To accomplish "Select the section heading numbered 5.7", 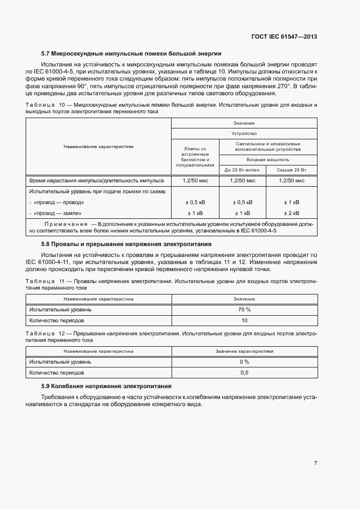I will [131, 53].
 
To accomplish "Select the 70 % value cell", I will [244, 309].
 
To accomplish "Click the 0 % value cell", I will [244, 361].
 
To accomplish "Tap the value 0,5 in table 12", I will [244, 373].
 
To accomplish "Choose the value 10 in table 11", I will [244, 321].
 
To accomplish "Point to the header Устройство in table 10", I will [244, 133].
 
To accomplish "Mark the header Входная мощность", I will [267, 160].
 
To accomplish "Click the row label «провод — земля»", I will [59, 213].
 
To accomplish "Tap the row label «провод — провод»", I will [59, 202].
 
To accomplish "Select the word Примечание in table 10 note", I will [66, 224].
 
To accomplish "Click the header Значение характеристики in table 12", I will [244, 351].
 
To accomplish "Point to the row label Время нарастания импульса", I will [93, 180].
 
